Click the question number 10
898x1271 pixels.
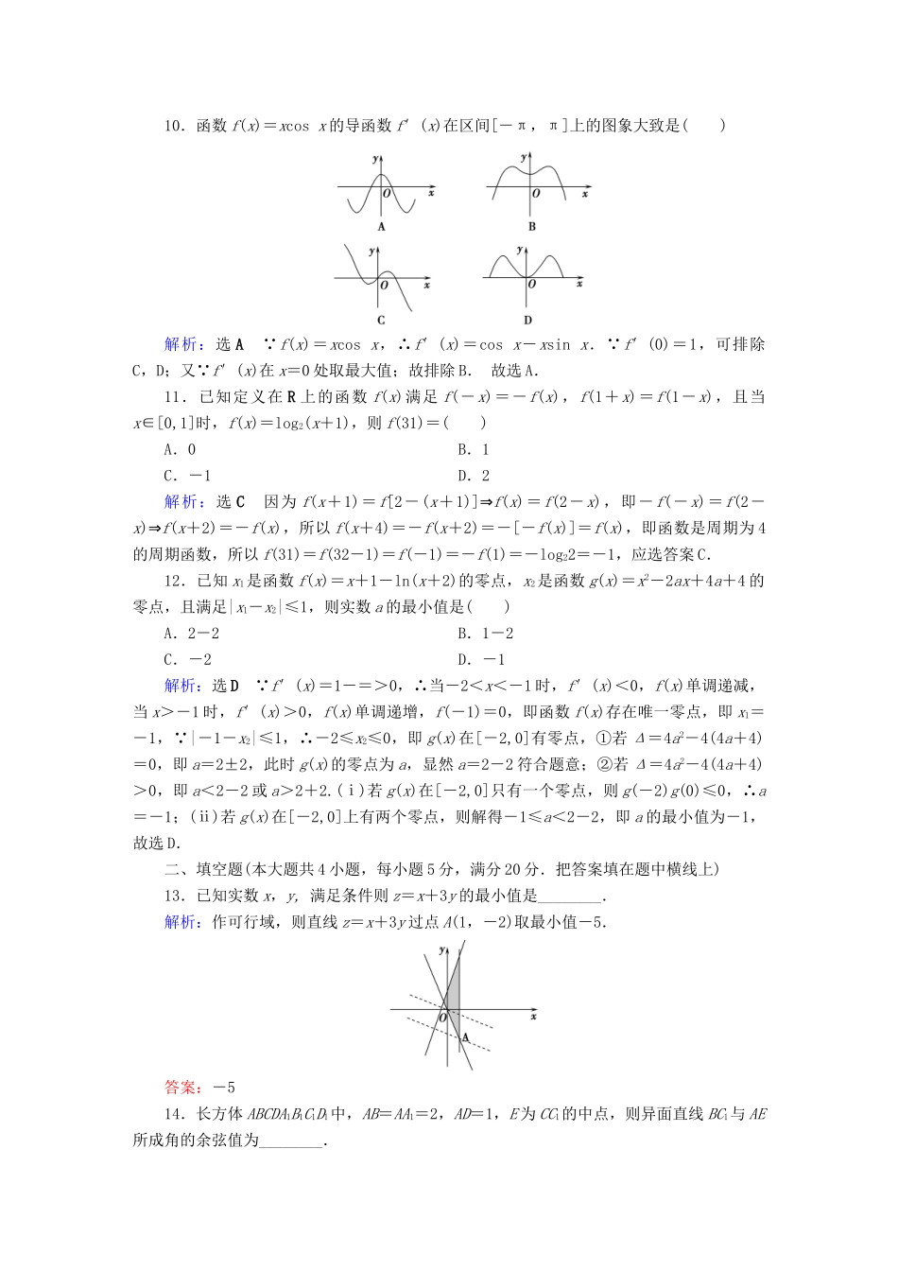point(174,126)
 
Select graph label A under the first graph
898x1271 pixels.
point(382,227)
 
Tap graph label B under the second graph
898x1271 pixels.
point(532,227)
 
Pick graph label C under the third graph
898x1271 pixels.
point(381,321)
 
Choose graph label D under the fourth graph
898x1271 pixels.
point(527,321)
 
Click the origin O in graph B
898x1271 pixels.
point(536,194)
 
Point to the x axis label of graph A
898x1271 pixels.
point(431,193)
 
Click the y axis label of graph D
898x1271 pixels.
point(520,250)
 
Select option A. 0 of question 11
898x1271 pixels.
point(180,450)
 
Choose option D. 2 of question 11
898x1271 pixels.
point(474,477)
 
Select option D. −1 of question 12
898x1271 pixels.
point(481,660)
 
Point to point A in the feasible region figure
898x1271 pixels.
point(466,1037)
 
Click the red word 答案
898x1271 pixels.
point(180,1088)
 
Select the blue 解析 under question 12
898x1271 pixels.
point(181,686)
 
